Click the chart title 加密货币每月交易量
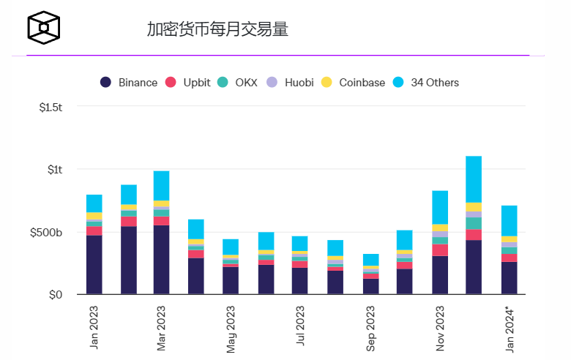pos(217,29)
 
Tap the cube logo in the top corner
pos(43,26)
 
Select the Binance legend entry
pos(129,83)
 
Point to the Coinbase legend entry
pos(354,83)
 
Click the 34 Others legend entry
pos(425,83)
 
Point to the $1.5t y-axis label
pos(51,107)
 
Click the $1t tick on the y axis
pos(56,170)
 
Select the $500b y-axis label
pos(47,233)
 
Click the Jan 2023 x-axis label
pos(94,326)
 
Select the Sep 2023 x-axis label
pos(370,326)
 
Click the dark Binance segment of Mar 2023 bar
pos(161,260)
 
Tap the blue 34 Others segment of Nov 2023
pos(440,207)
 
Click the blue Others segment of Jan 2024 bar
pos(509,220)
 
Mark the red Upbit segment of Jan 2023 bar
pos(94,231)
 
